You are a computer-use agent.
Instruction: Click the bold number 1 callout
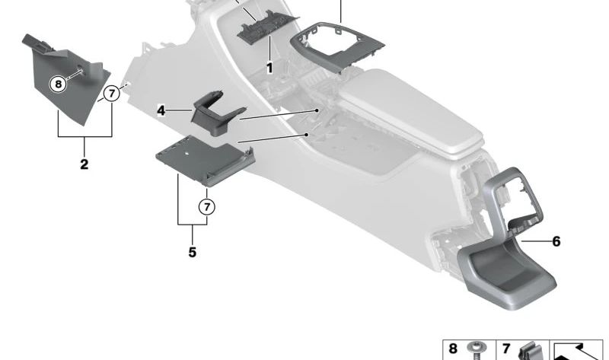[269, 68]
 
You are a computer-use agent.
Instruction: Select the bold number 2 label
[84, 164]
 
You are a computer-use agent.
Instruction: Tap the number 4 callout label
[161, 111]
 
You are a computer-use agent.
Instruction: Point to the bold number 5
[192, 251]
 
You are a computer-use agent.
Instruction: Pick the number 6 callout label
[556, 241]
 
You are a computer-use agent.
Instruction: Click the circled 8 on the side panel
[59, 84]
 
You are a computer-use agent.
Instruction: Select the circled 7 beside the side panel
[112, 94]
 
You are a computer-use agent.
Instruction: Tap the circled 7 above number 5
[207, 205]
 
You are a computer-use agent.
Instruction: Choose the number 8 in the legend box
[453, 349]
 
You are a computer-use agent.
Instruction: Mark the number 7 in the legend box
[506, 349]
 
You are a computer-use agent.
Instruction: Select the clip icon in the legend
[529, 352]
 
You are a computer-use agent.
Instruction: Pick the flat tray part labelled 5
[202, 161]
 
